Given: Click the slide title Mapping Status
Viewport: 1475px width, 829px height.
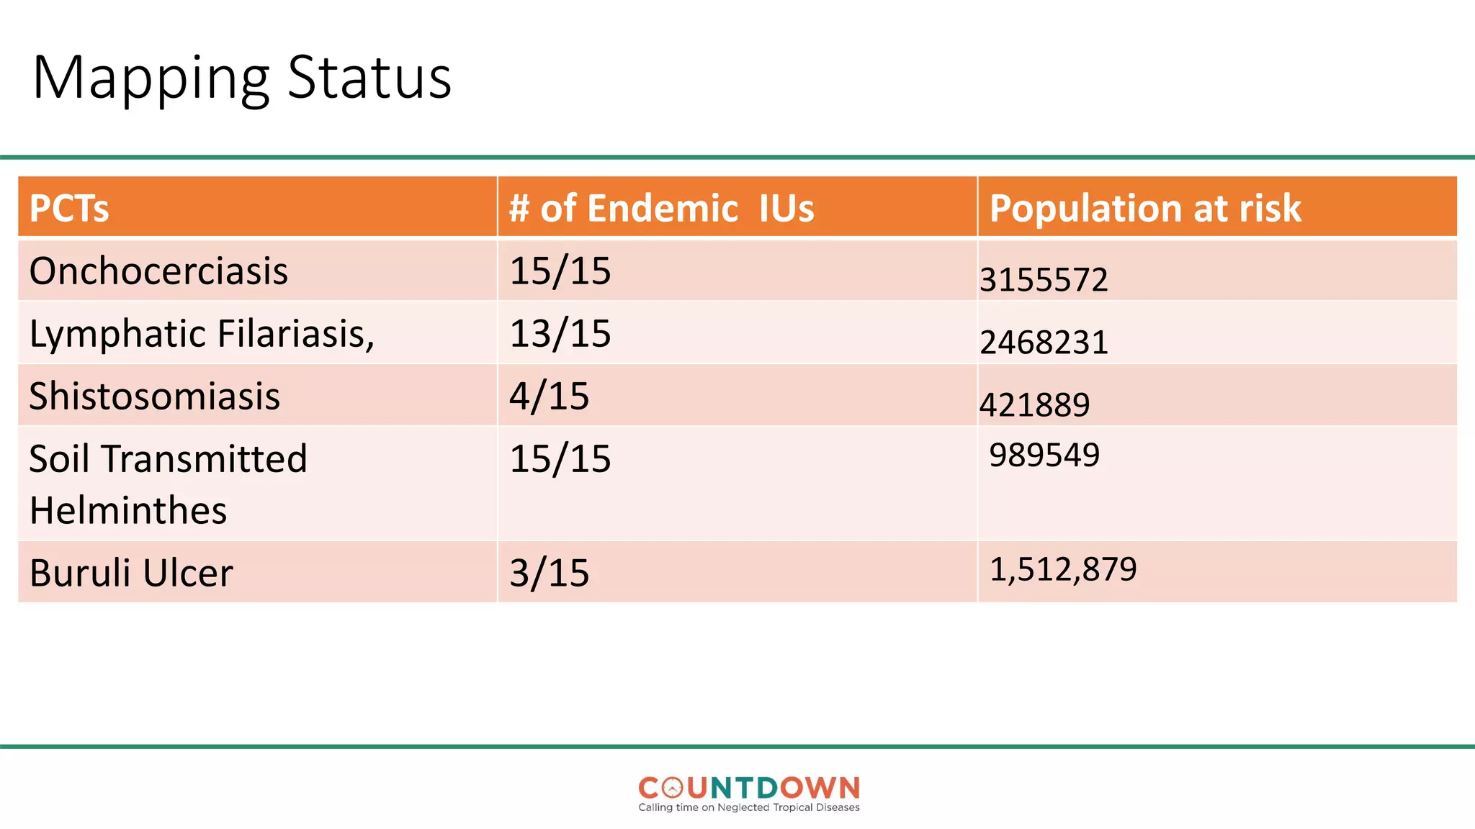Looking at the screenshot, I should pyautogui.click(x=242, y=78).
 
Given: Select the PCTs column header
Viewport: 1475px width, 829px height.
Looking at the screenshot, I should pyautogui.click(x=69, y=209).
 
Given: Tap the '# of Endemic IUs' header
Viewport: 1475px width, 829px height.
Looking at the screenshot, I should pyautogui.click(x=661, y=209).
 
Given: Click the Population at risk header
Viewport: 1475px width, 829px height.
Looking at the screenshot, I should pyautogui.click(x=1145, y=209).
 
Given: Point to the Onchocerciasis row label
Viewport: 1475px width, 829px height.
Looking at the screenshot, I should pyautogui.click(x=158, y=271).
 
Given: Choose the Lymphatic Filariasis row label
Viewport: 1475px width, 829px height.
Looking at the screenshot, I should pyautogui.click(x=202, y=334).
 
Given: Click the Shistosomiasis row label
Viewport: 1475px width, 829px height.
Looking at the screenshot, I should pyautogui.click(x=154, y=397).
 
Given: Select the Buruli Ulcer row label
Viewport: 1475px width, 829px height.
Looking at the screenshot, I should pyautogui.click(x=131, y=574).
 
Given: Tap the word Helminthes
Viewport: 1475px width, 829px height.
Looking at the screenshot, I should pyautogui.click(x=128, y=511).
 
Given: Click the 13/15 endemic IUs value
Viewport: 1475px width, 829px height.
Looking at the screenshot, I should pyautogui.click(x=560, y=334).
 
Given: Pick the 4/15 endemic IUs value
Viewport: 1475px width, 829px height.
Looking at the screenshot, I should pyautogui.click(x=549, y=397).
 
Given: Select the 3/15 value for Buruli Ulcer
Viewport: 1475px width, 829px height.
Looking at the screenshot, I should pyautogui.click(x=549, y=574).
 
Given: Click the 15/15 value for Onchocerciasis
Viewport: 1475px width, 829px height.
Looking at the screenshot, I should pyautogui.click(x=560, y=271).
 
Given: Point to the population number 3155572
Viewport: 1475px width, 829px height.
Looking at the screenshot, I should pyautogui.click(x=1044, y=280).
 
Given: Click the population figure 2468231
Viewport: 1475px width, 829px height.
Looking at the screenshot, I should pyautogui.click(x=1044, y=343).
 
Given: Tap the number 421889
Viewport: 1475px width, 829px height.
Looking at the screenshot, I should pyautogui.click(x=1034, y=405).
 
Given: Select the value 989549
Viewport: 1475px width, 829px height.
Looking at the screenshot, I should pyautogui.click(x=1044, y=455).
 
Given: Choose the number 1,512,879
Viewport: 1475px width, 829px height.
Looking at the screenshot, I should pyautogui.click(x=1063, y=569).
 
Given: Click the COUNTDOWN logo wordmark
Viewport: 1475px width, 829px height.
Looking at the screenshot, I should pyautogui.click(x=749, y=788).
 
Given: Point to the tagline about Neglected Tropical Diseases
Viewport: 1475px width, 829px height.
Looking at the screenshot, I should pyautogui.click(x=749, y=807).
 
